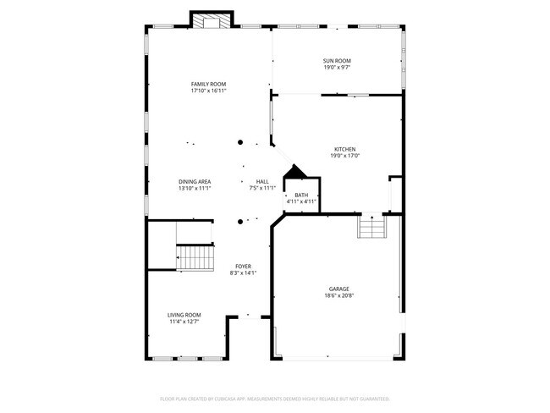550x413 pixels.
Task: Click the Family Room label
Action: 208,84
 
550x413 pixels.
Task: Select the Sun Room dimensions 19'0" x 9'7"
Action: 337,68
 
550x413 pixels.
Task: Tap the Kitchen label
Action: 344,149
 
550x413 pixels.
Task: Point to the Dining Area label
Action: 195,181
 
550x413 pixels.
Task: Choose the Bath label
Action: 301,195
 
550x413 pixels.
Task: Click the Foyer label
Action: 243,266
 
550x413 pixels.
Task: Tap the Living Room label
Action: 184,314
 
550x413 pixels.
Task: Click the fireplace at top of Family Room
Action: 211,21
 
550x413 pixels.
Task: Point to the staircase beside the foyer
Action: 194,256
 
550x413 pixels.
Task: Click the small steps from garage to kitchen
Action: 371,227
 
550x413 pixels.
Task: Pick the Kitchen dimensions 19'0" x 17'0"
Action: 344,156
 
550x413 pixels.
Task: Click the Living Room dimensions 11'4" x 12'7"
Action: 184,322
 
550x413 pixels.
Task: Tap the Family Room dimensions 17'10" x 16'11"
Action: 208,91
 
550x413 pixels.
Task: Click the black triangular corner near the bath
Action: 294,173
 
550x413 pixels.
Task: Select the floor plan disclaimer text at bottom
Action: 274,398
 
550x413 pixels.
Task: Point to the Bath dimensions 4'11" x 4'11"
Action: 301,201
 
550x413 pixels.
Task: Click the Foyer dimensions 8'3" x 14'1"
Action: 243,273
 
